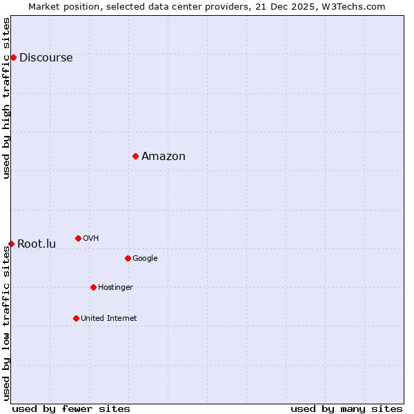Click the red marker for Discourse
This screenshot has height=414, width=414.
coord(13,57)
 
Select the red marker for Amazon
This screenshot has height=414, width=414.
coord(135,156)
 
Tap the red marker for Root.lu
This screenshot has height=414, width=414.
coord(11,244)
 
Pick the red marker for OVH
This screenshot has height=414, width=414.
coord(78,238)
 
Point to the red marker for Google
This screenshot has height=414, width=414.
coord(128,258)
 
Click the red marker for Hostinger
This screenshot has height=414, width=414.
coord(93,287)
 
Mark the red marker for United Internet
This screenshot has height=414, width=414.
coord(76,318)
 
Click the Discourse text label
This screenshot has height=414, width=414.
coord(46,58)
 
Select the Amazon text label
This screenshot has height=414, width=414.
coord(164,157)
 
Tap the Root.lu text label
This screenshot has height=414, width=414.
coord(37,244)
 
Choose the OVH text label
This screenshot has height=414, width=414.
coord(90,239)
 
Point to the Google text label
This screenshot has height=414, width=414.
coord(145,259)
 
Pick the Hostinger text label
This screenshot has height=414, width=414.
coord(115,288)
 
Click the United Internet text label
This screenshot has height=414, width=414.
coord(108,319)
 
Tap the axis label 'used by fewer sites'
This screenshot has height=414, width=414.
coord(71,408)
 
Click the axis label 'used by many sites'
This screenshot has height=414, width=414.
coord(346,408)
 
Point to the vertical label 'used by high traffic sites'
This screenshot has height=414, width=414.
coord(6,98)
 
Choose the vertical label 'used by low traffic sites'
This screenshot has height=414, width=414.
coord(6,322)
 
